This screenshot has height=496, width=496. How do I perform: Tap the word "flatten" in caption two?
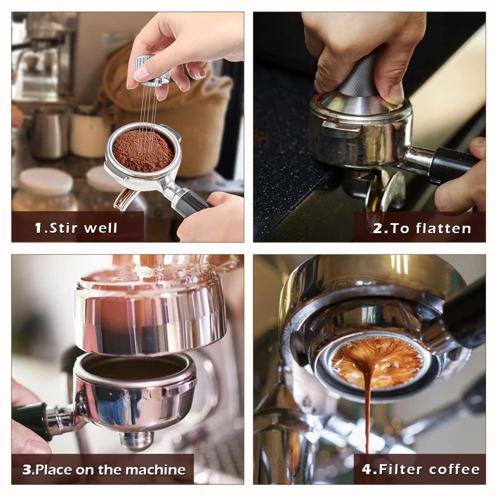tap(444, 228)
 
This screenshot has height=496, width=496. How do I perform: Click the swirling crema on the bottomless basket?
tap(377, 362)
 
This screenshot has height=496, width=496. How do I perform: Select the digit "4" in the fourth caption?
tap(367, 469)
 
